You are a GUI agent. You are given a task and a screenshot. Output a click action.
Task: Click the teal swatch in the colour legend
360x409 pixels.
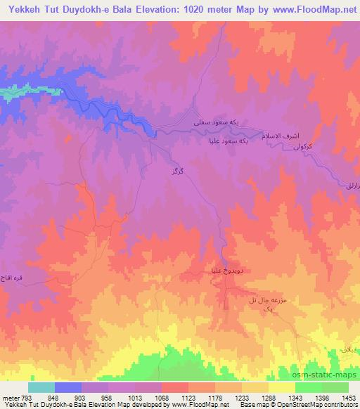pos(41,387)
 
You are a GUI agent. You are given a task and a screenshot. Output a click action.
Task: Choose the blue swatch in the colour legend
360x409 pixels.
pos(68,387)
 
